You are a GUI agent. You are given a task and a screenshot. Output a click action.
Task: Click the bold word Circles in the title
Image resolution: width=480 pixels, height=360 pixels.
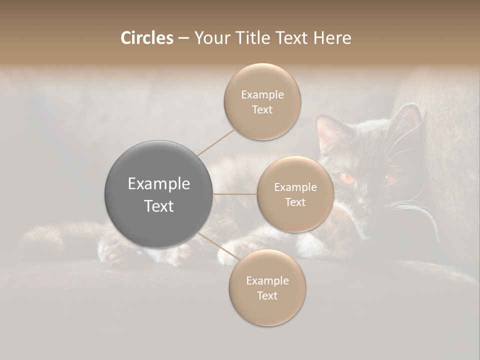point(146,38)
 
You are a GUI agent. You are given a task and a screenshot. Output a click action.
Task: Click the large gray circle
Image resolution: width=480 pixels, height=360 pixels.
point(159,194)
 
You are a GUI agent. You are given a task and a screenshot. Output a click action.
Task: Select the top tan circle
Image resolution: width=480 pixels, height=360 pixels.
point(262,102)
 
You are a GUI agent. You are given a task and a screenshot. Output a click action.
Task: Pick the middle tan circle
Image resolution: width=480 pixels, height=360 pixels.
point(295,194)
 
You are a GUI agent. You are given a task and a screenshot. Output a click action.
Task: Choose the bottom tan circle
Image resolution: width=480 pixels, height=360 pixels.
point(267,287)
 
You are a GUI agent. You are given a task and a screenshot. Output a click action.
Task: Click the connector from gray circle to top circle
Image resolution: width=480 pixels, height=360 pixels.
point(215,143)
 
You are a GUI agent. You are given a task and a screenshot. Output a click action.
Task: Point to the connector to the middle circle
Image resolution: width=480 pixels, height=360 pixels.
point(235,194)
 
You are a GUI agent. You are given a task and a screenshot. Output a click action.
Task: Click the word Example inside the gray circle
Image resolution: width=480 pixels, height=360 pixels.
point(159,184)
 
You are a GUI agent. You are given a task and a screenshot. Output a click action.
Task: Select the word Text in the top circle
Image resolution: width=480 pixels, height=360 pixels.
point(262,110)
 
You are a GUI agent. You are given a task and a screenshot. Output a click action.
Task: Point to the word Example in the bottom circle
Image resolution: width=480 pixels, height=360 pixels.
point(267,280)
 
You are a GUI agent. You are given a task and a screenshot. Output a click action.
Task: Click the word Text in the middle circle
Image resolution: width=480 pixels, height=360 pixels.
point(295,202)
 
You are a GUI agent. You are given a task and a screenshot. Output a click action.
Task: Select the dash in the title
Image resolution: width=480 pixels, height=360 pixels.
point(183,38)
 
